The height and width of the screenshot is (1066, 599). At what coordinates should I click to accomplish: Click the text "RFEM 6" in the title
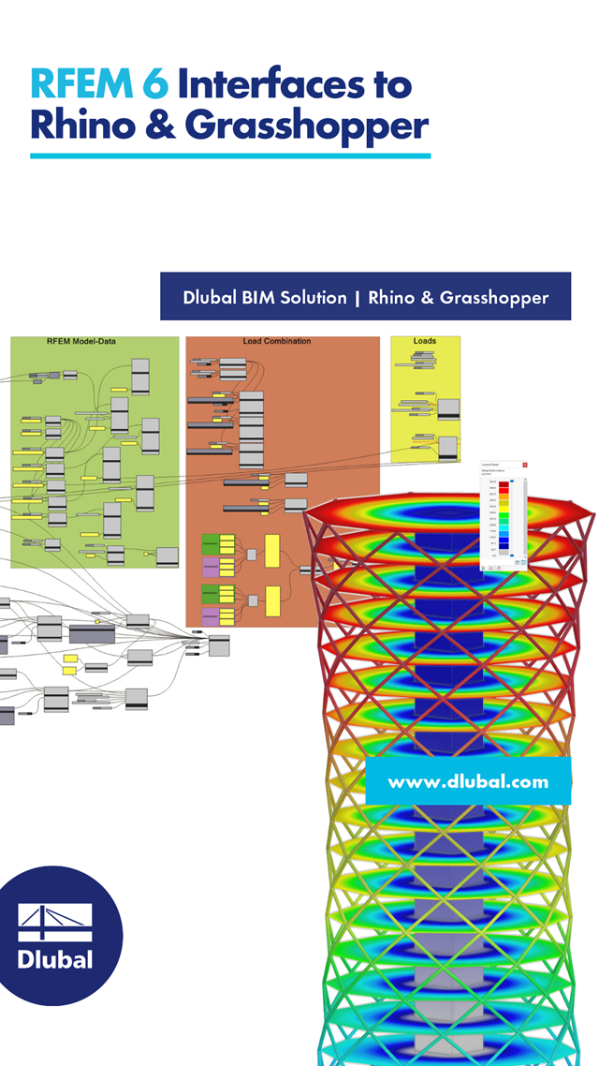tap(99, 85)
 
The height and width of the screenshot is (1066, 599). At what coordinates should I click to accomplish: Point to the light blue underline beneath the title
tap(230, 155)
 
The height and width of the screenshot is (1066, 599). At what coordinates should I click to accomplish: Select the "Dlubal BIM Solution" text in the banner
tap(265, 297)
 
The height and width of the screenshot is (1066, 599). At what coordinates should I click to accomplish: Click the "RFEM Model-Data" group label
tap(94, 342)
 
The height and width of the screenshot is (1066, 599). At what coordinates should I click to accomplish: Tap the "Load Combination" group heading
tap(276, 342)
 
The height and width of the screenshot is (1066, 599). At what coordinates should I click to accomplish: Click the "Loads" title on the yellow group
tap(425, 342)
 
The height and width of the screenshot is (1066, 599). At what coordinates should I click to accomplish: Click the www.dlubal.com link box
tap(468, 781)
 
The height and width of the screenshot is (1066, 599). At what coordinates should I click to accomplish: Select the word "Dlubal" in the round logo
tap(55, 959)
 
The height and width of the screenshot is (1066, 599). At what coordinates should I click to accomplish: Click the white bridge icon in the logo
tap(55, 923)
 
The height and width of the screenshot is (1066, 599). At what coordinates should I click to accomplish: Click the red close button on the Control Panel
tap(525, 465)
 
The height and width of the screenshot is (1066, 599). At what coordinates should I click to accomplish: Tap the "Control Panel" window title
tap(490, 465)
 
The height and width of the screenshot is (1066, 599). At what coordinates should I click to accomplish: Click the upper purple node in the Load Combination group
tap(210, 567)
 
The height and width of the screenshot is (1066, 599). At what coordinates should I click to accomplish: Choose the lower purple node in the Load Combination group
tap(210, 616)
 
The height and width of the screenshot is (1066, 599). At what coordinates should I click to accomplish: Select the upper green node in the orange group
tap(210, 543)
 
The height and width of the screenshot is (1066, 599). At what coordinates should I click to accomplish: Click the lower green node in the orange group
tap(210, 592)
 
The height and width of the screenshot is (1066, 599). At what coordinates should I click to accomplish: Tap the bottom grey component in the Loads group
tap(448, 449)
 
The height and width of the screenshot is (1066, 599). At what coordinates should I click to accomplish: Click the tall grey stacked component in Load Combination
tap(251, 430)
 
